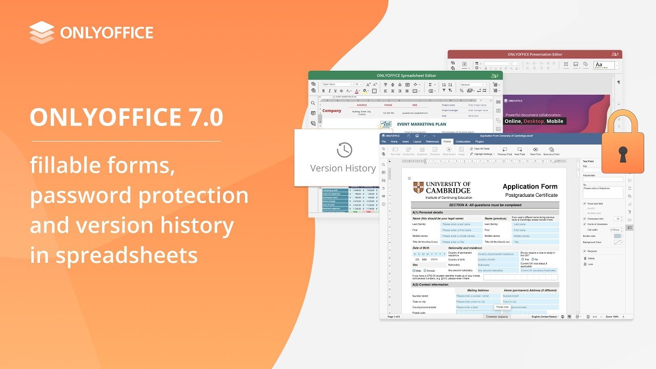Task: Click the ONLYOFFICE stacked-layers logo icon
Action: (42, 32)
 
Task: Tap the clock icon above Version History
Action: (344, 150)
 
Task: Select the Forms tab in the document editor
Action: (447, 141)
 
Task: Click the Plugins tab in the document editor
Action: (479, 141)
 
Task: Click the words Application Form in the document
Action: (529, 187)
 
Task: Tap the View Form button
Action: (535, 151)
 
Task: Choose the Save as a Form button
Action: (551, 151)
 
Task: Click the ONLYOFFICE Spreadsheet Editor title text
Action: (406, 75)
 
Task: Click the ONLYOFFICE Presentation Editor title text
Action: (535, 54)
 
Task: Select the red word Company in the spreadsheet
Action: (332, 111)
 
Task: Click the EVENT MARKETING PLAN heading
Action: (421, 124)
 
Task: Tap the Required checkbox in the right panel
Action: (585, 251)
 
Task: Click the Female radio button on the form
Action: (425, 270)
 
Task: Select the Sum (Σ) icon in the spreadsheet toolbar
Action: (430, 84)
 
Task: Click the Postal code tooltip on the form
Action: (502, 307)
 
